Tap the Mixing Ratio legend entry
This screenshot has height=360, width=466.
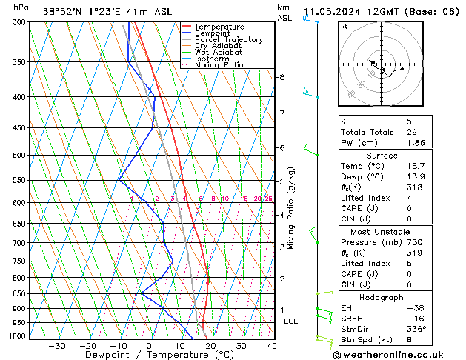tap(219, 65)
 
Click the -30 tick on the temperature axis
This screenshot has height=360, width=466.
tap(56, 345)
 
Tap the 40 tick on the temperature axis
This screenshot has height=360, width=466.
tap(272, 345)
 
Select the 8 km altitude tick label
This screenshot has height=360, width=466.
tap(282, 77)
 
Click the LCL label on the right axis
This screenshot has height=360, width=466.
tap(290, 321)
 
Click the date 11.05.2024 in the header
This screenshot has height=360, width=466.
tap(331, 12)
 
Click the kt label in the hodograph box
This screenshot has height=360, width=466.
tap(344, 27)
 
